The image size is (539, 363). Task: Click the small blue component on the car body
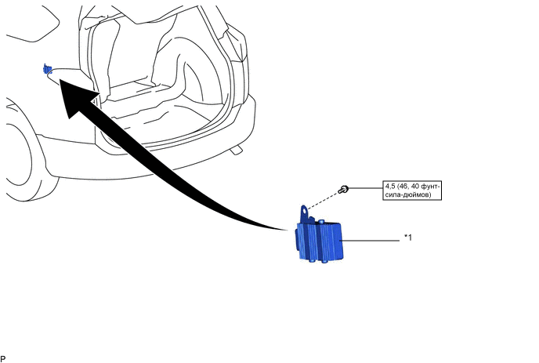point(48,70)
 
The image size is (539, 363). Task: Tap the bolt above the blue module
point(344,189)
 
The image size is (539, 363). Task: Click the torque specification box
point(412,190)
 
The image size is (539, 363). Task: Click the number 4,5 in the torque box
point(390,186)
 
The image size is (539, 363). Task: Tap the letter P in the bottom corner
point(4,358)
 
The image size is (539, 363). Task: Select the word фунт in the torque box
point(428,186)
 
